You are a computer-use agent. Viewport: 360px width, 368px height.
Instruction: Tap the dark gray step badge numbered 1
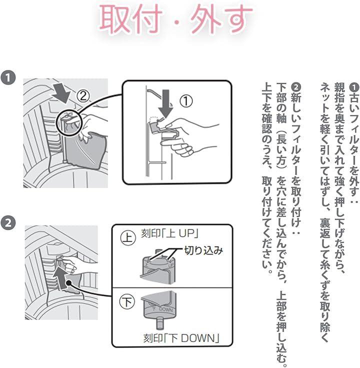[8, 77]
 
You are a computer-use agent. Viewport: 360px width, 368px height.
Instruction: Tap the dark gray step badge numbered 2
[8, 222]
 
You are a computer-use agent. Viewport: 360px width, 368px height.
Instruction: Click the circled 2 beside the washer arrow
[83, 96]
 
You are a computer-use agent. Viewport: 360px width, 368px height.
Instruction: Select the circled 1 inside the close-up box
[186, 101]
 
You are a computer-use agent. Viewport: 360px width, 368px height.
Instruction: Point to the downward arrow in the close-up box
[165, 103]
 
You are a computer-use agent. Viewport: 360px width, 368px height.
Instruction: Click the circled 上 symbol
[128, 237]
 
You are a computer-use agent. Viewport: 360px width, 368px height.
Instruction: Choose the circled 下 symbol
[127, 302]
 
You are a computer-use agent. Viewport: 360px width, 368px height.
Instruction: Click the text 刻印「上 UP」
[169, 233]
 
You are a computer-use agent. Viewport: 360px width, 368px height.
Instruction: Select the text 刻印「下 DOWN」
[181, 338]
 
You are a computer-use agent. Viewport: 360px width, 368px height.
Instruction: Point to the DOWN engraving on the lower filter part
[165, 309]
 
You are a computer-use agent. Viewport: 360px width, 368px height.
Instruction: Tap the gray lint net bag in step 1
[86, 149]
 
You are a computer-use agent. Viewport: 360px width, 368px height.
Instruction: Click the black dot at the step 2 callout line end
[68, 283]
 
